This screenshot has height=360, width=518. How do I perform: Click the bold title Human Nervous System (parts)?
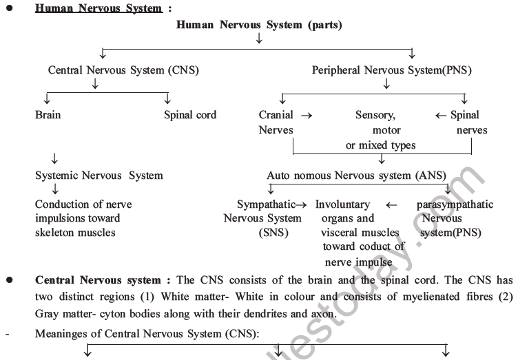click(x=259, y=25)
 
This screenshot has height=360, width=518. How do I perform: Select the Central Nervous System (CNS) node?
click(x=114, y=70)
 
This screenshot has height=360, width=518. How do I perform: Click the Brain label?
click(x=48, y=115)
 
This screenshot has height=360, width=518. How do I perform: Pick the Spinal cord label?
click(x=190, y=115)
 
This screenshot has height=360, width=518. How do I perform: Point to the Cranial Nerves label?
click(x=276, y=123)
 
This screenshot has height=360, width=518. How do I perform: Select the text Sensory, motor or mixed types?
click(x=380, y=130)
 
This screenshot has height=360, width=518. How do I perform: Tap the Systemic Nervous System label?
click(x=99, y=176)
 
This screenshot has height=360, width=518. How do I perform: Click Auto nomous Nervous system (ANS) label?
click(x=356, y=176)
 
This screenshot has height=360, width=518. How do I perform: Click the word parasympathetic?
click(x=455, y=204)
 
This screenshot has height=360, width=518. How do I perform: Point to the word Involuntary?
click(x=342, y=204)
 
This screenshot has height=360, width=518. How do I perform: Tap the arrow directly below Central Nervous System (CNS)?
click(x=95, y=85)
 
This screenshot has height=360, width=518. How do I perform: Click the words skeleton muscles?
click(x=76, y=233)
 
